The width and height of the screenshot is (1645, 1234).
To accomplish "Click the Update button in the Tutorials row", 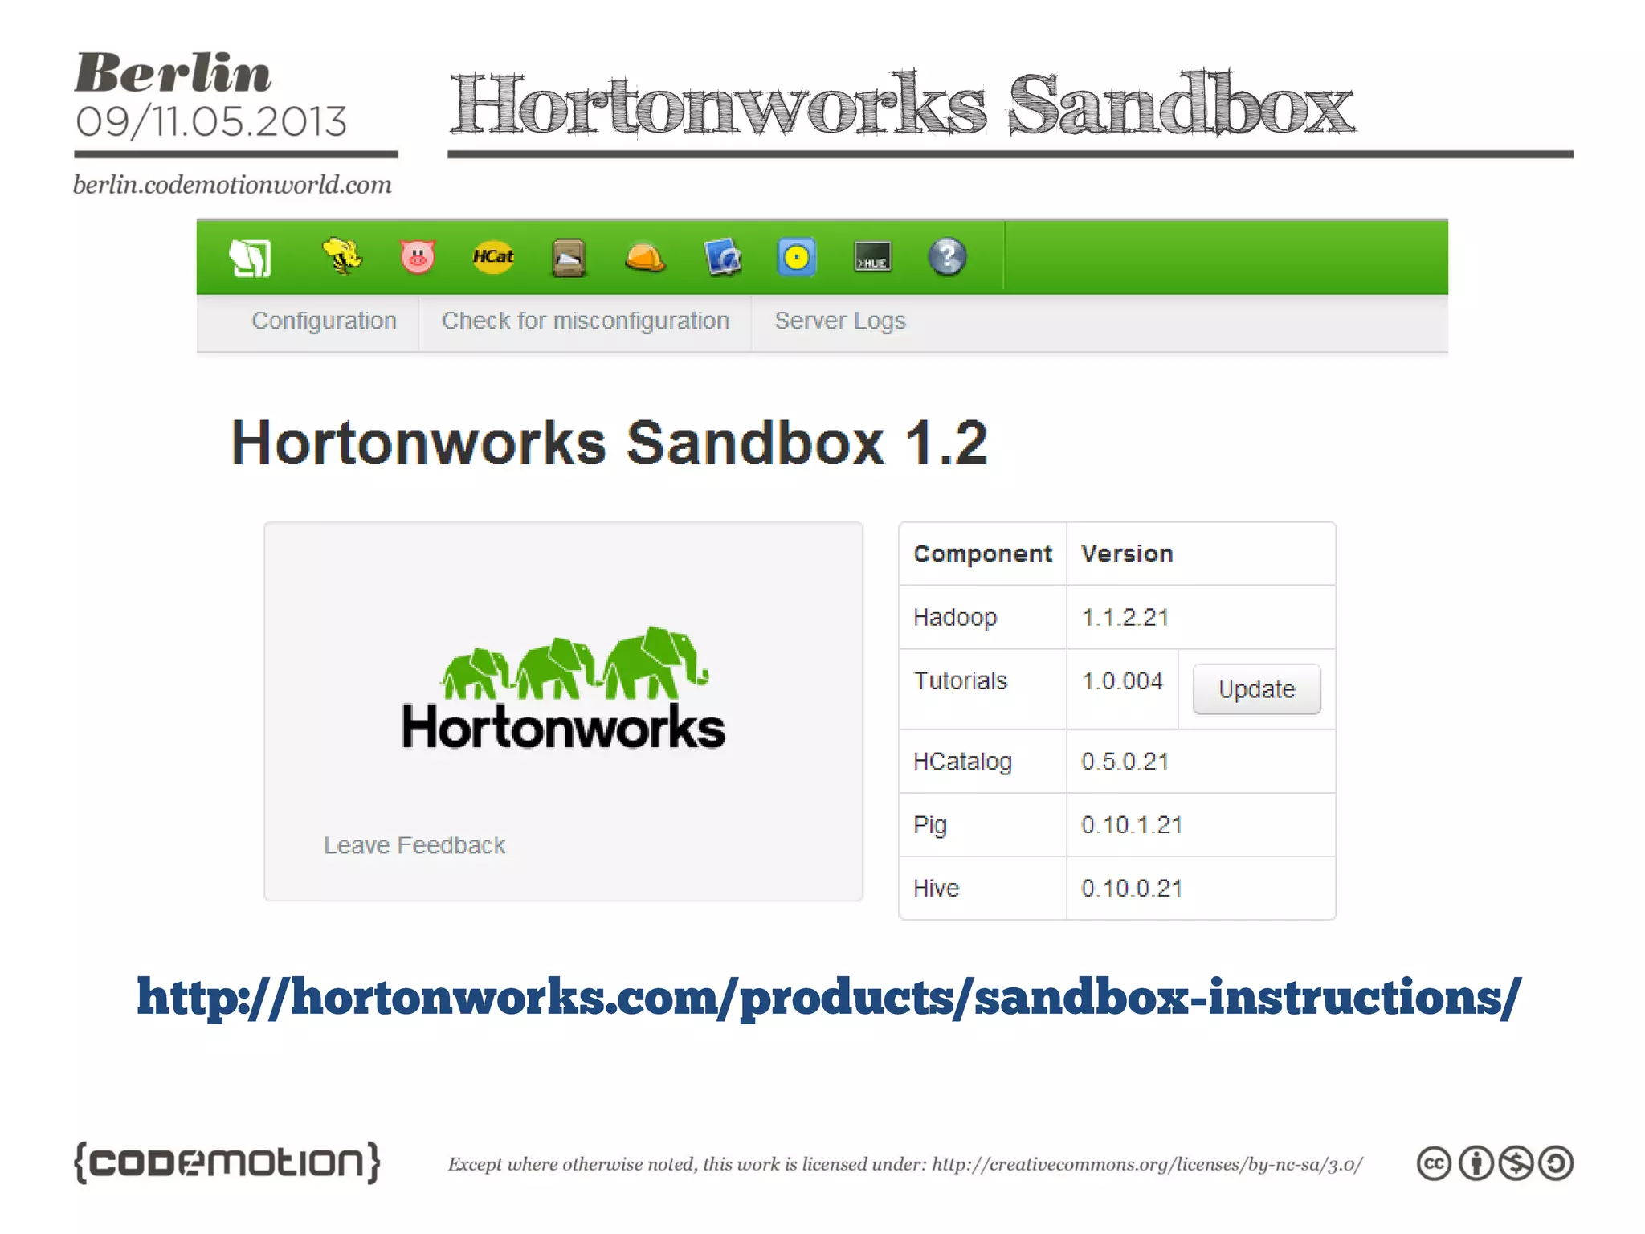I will click(1256, 689).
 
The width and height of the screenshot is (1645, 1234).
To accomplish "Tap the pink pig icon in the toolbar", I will click(417, 257).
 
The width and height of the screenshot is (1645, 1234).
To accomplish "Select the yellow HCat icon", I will click(492, 257).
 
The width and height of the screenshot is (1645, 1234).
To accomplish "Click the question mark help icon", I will click(947, 257).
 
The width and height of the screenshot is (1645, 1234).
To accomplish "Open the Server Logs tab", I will click(839, 321).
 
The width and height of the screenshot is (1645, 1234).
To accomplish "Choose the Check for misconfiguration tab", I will click(585, 321).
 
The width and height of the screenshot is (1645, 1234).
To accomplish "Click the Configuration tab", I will click(324, 321).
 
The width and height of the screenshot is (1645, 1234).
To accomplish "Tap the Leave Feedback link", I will click(414, 845).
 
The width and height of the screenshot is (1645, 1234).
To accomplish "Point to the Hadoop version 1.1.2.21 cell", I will click(1125, 617).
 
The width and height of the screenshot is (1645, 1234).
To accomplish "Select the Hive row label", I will click(937, 888).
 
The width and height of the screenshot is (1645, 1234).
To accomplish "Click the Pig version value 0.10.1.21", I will click(1132, 825).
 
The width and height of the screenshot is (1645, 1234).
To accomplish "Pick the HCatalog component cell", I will click(962, 761).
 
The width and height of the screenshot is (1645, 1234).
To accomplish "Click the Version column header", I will click(1126, 554).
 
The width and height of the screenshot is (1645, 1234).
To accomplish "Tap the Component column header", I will click(982, 554).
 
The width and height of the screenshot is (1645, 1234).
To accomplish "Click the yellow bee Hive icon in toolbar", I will click(342, 257).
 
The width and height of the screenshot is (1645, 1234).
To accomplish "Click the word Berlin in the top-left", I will click(173, 74).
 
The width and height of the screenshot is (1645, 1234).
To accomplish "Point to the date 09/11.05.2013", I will click(211, 122).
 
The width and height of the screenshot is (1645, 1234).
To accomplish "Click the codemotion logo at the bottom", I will click(227, 1162).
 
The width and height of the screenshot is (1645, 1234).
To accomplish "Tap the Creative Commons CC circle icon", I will click(1434, 1163).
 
